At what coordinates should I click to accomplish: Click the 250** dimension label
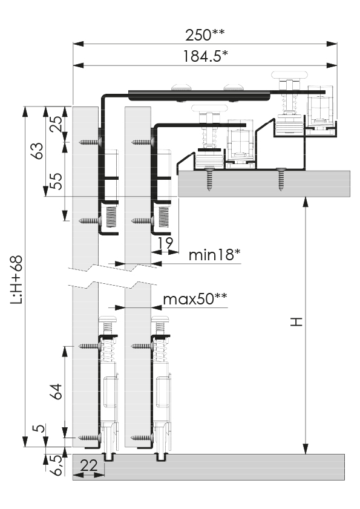pyautogui.click(x=205, y=34)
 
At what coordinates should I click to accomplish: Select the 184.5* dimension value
pyautogui.click(x=205, y=56)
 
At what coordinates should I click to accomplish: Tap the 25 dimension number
pyautogui.click(x=56, y=123)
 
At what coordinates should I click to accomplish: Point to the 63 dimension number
pyautogui.click(x=38, y=151)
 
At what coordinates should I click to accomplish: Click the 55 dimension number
pyautogui.click(x=56, y=181)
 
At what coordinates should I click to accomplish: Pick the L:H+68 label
pyautogui.click(x=16, y=280)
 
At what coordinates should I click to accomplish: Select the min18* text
pyautogui.click(x=214, y=255)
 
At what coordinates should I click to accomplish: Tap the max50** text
pyautogui.click(x=195, y=298)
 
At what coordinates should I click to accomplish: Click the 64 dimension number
pyautogui.click(x=56, y=392)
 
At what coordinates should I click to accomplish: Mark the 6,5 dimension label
pyautogui.click(x=56, y=465)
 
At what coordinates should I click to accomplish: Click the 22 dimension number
pyautogui.click(x=88, y=465)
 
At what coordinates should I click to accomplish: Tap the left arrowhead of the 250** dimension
pyautogui.click(x=78, y=44)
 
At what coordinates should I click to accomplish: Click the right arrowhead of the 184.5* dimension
pyautogui.click(x=332, y=65)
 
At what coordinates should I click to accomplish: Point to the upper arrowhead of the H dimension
pyautogui.click(x=305, y=202)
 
